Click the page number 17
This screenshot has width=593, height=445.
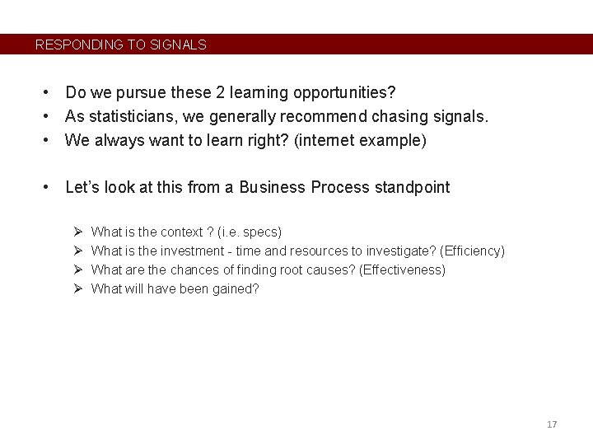(x=552, y=424)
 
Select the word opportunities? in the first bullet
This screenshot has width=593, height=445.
(x=358, y=93)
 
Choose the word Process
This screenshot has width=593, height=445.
(x=339, y=188)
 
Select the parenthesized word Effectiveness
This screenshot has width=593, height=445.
(x=402, y=270)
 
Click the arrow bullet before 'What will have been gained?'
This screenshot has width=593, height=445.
(x=76, y=289)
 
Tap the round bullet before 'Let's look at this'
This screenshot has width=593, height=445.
(x=49, y=188)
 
